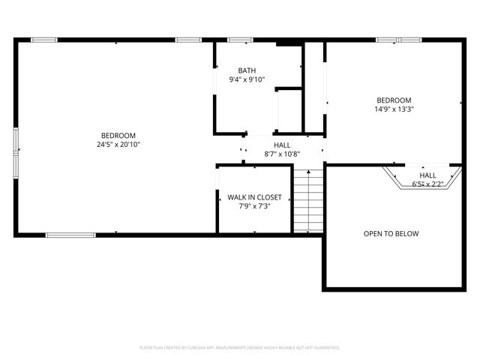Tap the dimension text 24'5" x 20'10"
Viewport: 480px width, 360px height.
pos(118,144)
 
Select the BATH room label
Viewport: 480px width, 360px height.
pos(247,70)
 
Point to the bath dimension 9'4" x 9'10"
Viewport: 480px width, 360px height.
pos(247,79)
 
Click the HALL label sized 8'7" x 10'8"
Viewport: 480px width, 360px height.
pos(282,145)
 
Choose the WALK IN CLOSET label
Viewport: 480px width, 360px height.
pos(255,197)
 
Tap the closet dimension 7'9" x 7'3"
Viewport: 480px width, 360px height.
pos(255,206)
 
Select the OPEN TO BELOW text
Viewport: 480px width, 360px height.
pos(391,233)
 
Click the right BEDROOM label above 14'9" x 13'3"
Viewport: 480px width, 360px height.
pos(394,100)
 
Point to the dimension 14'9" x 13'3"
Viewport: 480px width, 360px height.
pos(394,109)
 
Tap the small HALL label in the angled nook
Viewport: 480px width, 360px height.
pos(427,175)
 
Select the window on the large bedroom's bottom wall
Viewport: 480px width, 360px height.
pos(70,235)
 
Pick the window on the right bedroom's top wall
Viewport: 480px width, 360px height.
pos(400,39)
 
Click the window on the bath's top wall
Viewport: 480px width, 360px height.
pos(239,39)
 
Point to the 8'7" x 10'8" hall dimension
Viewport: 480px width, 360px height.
pos(282,154)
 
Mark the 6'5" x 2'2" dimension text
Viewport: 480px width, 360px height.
pos(427,183)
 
